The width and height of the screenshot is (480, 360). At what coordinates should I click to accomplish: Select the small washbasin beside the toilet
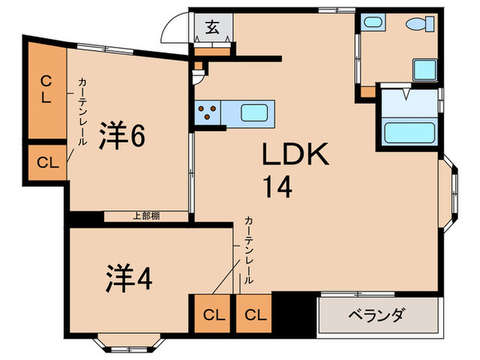point(372,23)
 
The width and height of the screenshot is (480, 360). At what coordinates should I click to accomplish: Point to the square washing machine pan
point(424,70)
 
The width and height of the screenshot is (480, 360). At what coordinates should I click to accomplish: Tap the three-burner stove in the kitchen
point(208,112)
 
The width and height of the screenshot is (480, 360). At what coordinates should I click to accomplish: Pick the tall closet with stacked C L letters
point(45,89)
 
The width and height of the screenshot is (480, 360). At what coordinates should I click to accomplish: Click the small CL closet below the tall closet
point(46,163)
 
